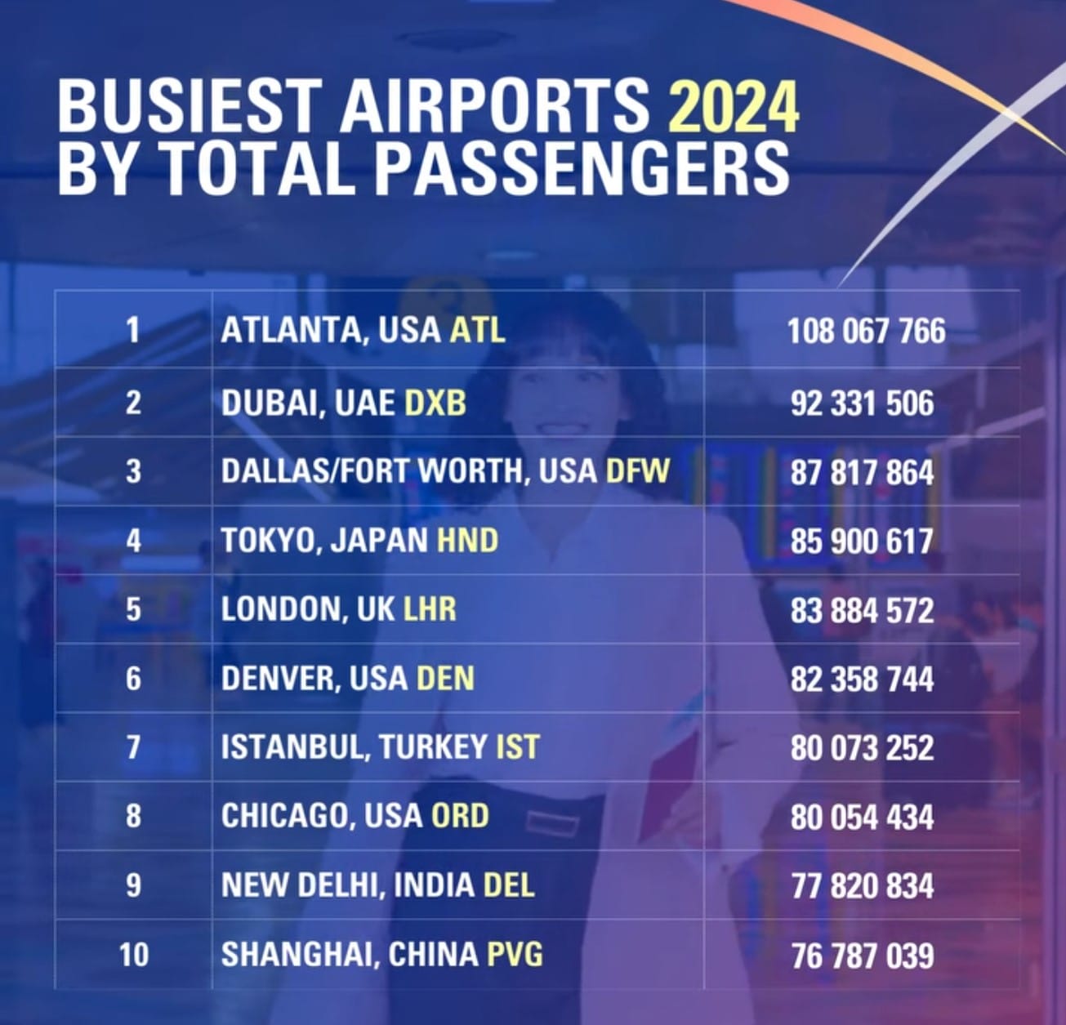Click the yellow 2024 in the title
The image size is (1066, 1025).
pos(733,105)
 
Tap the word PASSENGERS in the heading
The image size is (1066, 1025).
pos(582,167)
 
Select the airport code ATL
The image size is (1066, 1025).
pos(478,330)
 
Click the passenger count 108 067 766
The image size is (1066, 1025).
pos(866,331)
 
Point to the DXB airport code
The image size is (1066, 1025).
pos(435,403)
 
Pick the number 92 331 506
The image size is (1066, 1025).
pos(862,403)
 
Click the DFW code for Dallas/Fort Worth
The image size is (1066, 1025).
pos(637,471)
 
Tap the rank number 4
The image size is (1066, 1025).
pos(133,541)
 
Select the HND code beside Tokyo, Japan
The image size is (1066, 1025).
pos(467,541)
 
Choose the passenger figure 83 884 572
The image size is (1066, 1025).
pos(862,610)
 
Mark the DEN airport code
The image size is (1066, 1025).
pos(445,679)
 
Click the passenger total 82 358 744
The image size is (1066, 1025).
pos(862,680)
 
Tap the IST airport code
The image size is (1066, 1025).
pos(518,747)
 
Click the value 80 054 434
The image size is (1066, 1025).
pos(862,818)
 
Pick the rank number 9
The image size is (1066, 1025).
pos(133,885)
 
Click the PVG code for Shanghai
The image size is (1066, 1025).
pos(515,954)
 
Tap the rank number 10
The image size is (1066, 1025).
pos(133,954)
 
